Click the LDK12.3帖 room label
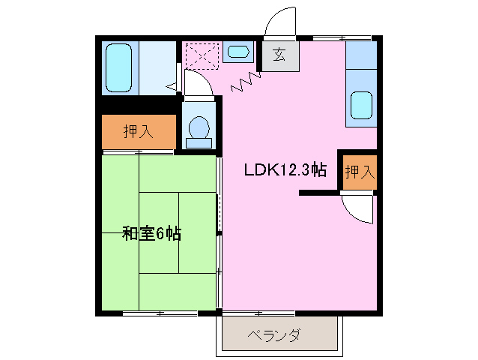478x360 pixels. coord(284,169)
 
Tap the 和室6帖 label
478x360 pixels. coord(152,233)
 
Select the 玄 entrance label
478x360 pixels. coord(279,54)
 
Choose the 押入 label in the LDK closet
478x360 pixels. coord(359,171)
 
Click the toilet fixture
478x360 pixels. coord(199,130)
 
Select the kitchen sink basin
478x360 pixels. coord(362,106)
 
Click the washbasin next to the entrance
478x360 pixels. coord(238,52)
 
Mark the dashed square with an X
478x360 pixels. coord(202,55)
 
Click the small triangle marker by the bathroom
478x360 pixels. coord(172,86)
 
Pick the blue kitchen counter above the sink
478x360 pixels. coord(362,57)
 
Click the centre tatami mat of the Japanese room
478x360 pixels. coord(159,233)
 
